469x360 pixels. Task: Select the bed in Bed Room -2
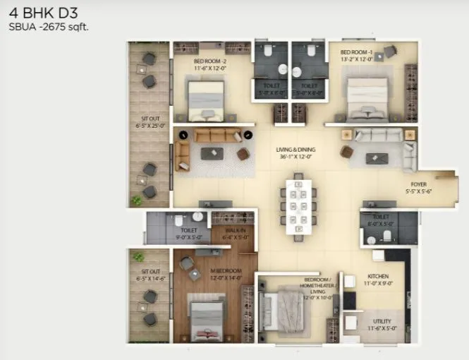click(207, 100)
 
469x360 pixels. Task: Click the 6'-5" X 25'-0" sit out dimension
click(150, 125)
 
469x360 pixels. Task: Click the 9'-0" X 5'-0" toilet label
click(188, 236)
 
